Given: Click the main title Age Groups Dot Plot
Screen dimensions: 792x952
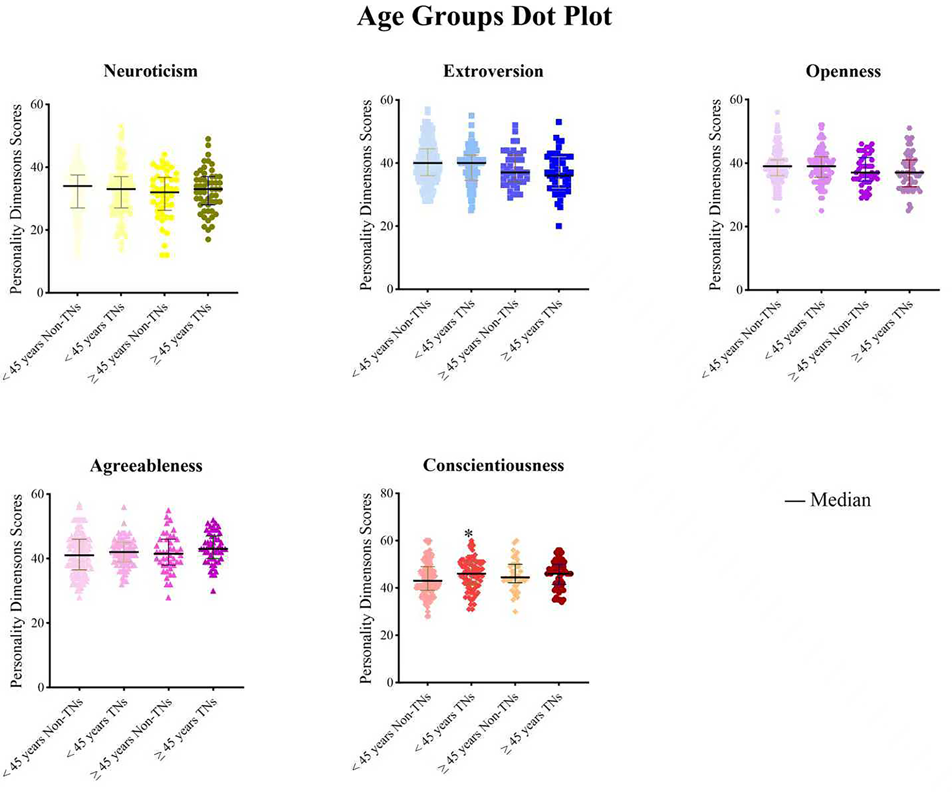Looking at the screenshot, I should pyautogui.click(x=484, y=17).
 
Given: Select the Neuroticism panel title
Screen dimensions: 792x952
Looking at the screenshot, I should pyautogui.click(x=150, y=71).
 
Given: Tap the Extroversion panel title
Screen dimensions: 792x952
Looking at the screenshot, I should pyautogui.click(x=493, y=71).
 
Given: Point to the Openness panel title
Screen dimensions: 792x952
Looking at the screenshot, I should pyautogui.click(x=843, y=71).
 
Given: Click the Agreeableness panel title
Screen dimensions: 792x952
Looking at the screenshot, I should pyautogui.click(x=146, y=465).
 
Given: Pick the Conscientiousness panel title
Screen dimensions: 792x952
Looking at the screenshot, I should pyautogui.click(x=493, y=465).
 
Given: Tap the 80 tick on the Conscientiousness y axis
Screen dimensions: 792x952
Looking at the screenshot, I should pyautogui.click(x=386, y=493).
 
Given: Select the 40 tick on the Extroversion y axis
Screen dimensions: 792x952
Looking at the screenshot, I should pyautogui.click(x=386, y=163).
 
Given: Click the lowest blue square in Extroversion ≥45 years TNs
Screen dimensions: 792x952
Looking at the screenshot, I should pyautogui.click(x=559, y=226).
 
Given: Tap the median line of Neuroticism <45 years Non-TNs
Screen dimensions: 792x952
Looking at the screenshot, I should pyautogui.click(x=77, y=186).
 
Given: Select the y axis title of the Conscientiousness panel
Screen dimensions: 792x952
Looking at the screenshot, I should pyautogui.click(x=366, y=588).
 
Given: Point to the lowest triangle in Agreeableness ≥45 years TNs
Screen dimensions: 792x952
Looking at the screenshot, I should pyautogui.click(x=213, y=591).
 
